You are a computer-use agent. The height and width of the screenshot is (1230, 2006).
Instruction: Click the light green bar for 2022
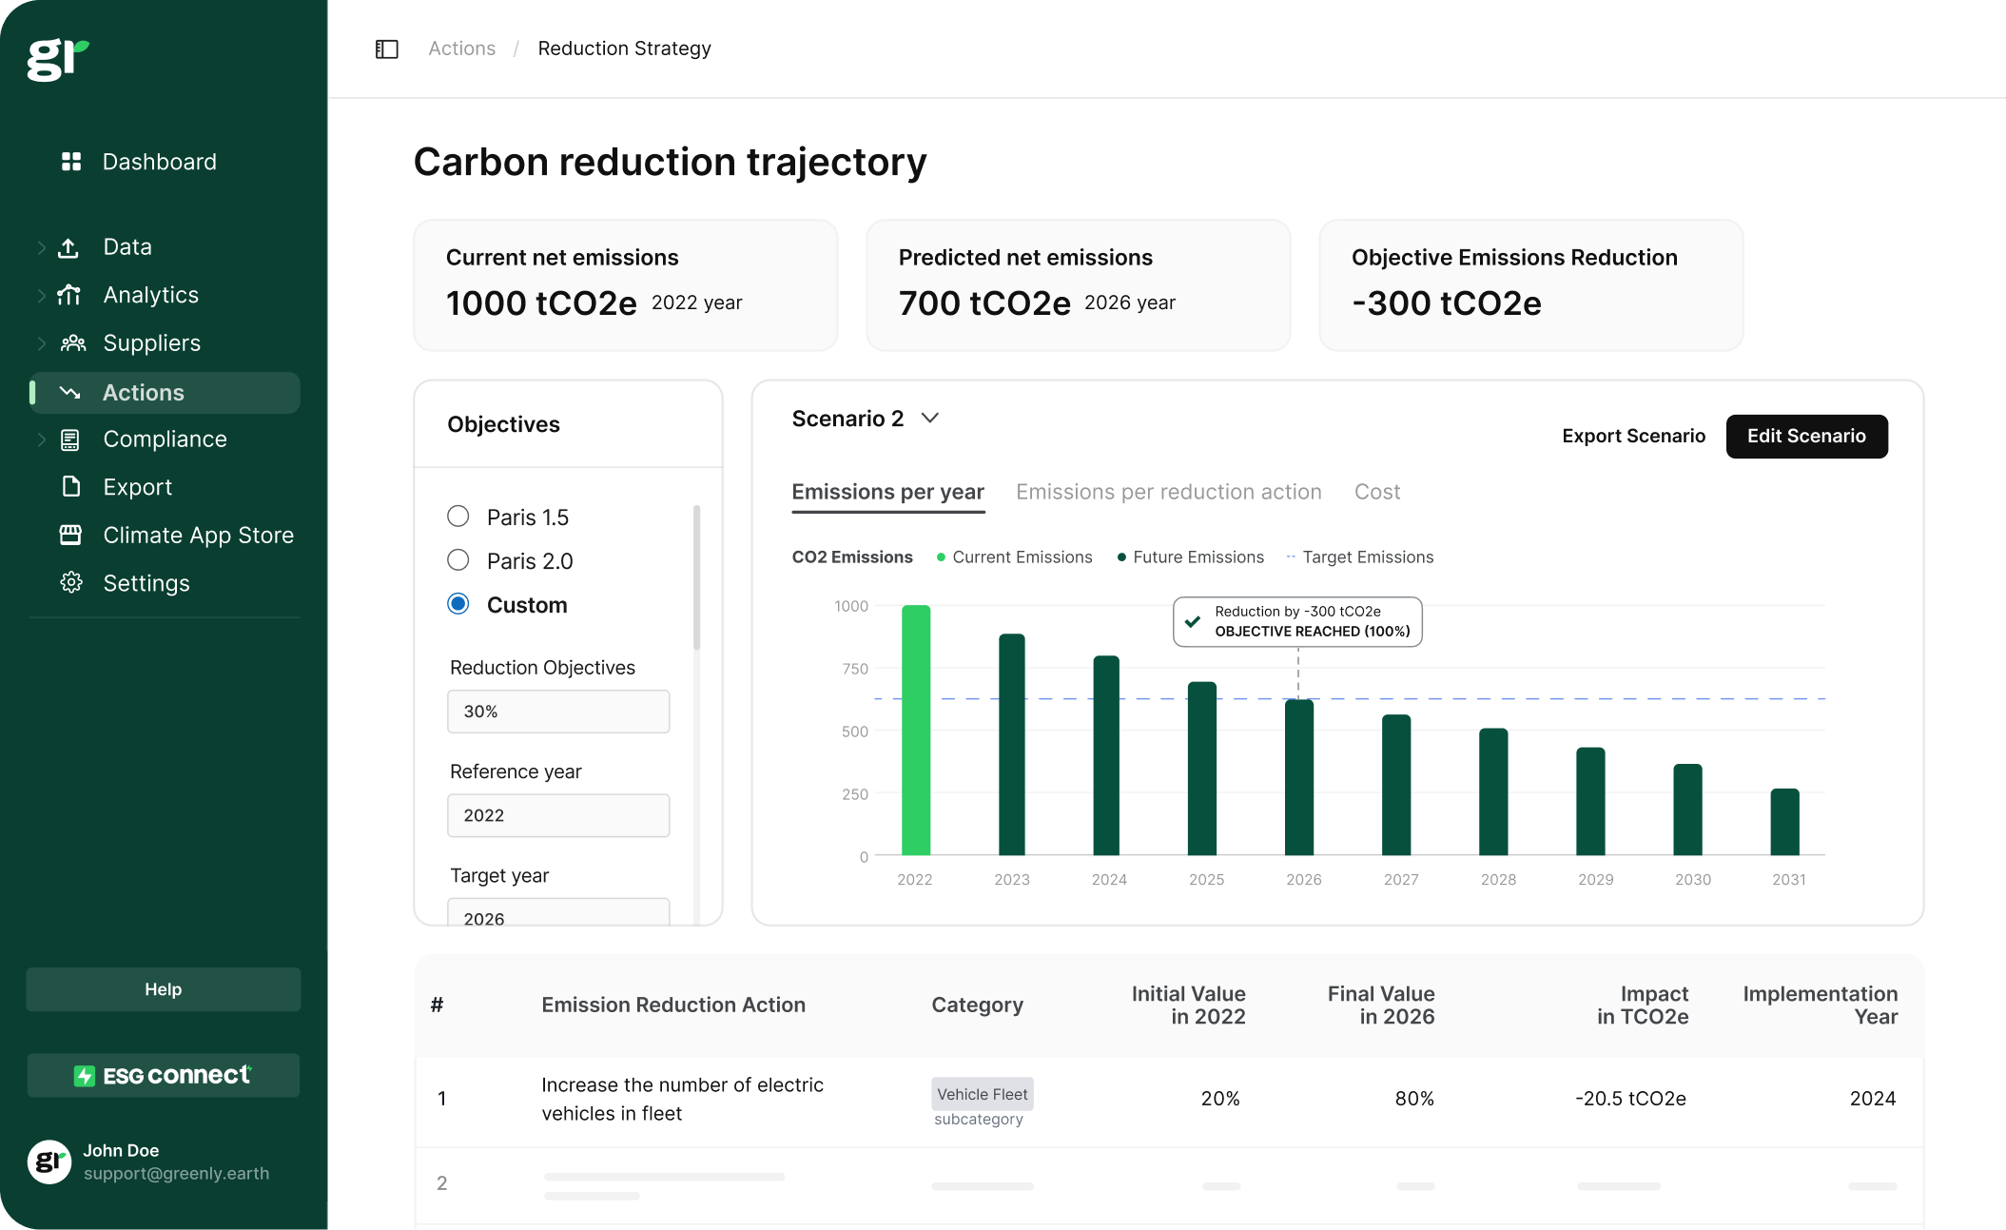tap(915, 730)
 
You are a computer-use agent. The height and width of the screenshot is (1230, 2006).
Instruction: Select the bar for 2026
tap(1298, 777)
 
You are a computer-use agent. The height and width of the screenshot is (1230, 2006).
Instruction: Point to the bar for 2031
tap(1784, 822)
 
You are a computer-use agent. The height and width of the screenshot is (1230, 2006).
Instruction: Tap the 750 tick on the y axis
tap(855, 669)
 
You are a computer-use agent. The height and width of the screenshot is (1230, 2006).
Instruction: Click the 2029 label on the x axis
tap(1595, 880)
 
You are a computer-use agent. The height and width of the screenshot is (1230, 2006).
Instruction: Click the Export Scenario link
tap(1633, 437)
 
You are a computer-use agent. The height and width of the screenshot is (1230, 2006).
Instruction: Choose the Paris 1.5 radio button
tap(458, 517)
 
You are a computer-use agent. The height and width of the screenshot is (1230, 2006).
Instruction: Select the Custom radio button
tap(458, 604)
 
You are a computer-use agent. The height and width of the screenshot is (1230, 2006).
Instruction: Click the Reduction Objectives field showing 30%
tap(558, 712)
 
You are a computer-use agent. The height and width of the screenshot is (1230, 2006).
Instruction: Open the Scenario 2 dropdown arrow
tap(930, 419)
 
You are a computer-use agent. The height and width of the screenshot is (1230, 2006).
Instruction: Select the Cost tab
tap(1376, 492)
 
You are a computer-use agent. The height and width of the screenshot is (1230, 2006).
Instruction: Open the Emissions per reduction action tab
tap(1168, 492)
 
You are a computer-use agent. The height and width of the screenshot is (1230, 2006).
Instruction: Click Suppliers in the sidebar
tap(151, 343)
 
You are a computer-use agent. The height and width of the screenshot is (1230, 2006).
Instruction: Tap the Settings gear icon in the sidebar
tap(71, 583)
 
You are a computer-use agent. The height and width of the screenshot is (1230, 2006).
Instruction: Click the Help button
tap(164, 989)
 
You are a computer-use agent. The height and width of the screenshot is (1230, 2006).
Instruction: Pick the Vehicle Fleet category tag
tap(982, 1095)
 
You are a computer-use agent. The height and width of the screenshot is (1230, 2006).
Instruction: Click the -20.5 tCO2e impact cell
tap(1630, 1099)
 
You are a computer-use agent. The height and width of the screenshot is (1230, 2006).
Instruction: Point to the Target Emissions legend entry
tap(1367, 557)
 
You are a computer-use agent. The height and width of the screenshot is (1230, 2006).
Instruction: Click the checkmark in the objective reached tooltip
tap(1193, 621)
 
